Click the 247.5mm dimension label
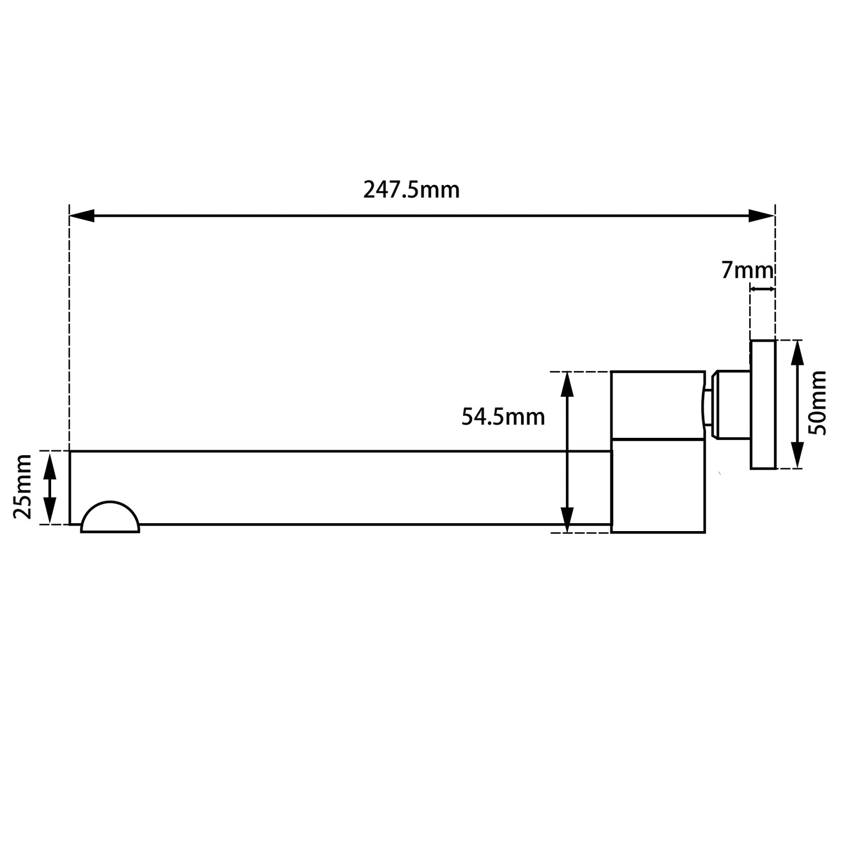411,190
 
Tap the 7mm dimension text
747,271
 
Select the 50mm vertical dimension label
818,403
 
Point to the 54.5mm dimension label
503,417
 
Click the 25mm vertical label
23,487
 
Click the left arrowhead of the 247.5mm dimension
82,216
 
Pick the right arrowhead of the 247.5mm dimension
762,216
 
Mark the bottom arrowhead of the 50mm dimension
797,456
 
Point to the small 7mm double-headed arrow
763,289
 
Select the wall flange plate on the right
763,404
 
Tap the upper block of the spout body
658,405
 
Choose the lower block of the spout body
658,485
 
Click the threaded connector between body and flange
729,404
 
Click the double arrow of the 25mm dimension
50,488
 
